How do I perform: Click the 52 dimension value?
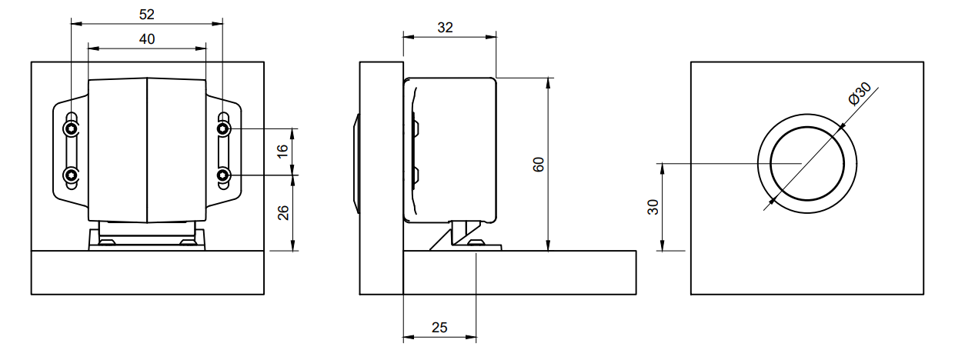point(145,14)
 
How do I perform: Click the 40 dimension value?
point(146,38)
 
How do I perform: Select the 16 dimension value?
point(282,151)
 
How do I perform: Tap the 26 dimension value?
point(282,212)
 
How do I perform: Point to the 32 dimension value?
point(445,27)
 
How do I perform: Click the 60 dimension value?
point(539,164)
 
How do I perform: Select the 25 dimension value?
point(439,327)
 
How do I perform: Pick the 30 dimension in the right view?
point(653,206)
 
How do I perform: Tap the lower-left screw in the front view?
point(72,176)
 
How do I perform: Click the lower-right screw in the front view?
point(223,176)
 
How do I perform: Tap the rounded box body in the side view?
point(454,146)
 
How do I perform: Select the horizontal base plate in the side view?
point(519,272)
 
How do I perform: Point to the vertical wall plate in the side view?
point(381,177)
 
